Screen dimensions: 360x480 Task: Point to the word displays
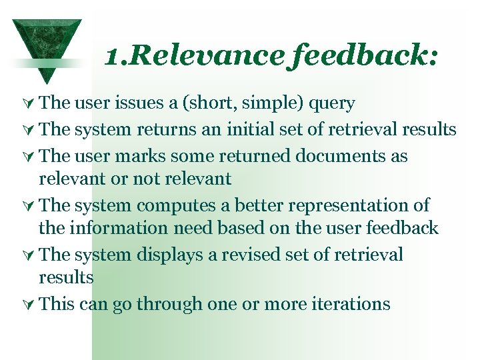point(171,255)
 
